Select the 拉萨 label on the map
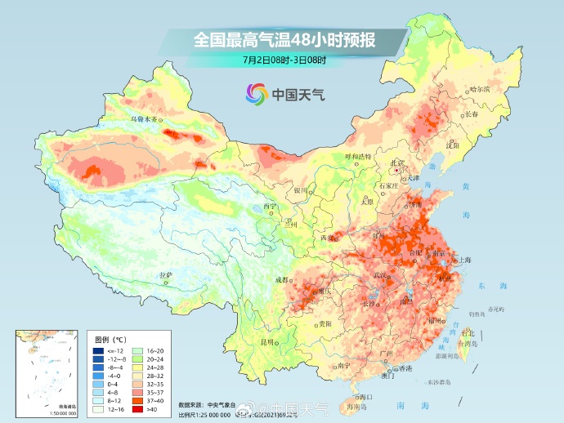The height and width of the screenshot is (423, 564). [166, 274]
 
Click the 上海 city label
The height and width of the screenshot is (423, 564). [465, 259]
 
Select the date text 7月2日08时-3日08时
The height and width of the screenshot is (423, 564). [284, 59]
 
